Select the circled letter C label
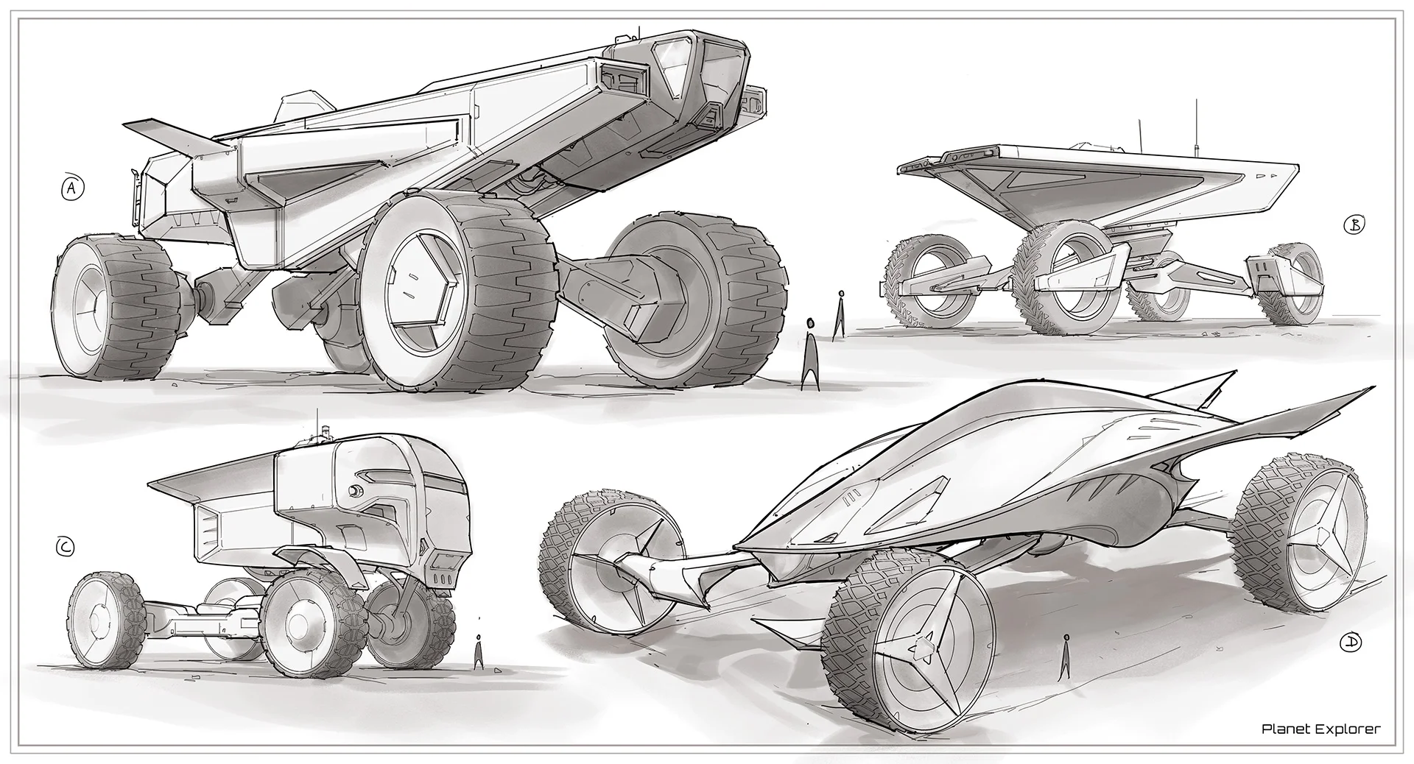pyautogui.click(x=66, y=547)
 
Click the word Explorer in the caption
pyautogui.click(x=1348, y=729)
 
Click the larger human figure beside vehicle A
pyautogui.click(x=810, y=353)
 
